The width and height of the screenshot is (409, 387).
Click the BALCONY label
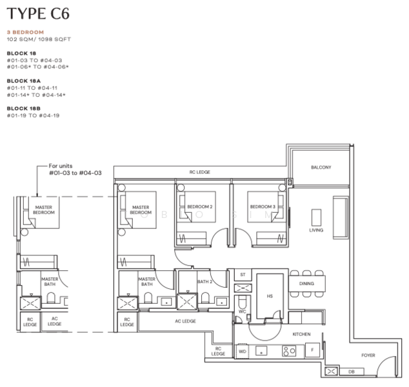coord(321,167)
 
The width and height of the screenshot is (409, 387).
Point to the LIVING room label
coord(316,230)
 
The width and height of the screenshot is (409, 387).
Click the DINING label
coord(307,283)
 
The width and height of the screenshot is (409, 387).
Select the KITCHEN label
coord(301,334)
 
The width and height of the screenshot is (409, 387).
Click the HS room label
coord(270,297)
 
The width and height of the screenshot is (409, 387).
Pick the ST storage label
coord(243,275)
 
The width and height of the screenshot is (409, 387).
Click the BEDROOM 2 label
coord(200,206)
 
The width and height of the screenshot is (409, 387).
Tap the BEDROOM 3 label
coord(263,206)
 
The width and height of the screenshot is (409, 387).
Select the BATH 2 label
coord(204,281)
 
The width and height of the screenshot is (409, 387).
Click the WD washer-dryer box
coord(242,352)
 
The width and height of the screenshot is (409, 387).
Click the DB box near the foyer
coord(352,372)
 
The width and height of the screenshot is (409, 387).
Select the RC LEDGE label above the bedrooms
coord(199,172)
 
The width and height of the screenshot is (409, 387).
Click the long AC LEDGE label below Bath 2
coord(185,321)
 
